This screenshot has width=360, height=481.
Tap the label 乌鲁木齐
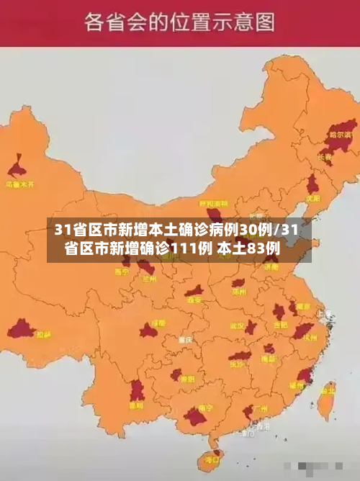(x=20, y=184)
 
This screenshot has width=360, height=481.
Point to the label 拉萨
(x=44, y=335)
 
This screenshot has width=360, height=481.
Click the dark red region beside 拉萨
(x=21, y=330)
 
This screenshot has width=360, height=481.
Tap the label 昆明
(x=135, y=405)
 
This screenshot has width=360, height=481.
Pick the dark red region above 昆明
(x=137, y=390)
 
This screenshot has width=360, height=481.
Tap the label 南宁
(x=195, y=426)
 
